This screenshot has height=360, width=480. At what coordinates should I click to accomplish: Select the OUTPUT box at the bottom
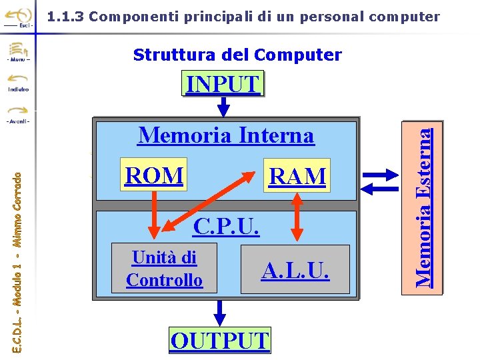[x=220, y=340]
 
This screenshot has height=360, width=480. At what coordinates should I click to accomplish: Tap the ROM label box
[x=153, y=175]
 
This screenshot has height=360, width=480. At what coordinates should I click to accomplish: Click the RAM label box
[x=297, y=176]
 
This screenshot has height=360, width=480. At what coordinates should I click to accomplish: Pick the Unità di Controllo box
[x=164, y=269]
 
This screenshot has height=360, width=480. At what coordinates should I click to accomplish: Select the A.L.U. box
[x=295, y=270]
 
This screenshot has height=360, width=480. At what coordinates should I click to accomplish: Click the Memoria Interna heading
[x=225, y=135]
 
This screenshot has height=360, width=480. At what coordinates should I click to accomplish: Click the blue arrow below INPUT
[x=224, y=105]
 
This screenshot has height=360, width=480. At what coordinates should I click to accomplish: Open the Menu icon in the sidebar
[x=18, y=52]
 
